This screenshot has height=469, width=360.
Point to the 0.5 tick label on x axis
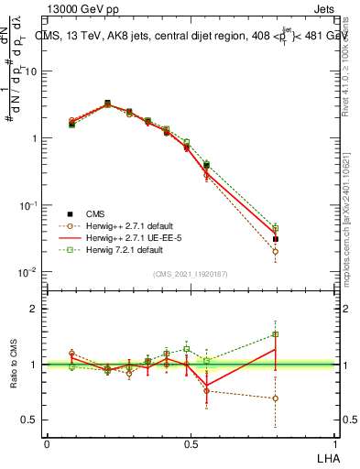[x=191, y=442]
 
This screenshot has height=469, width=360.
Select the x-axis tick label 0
[x=47, y=442]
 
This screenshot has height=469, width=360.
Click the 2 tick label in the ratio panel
[x=35, y=310]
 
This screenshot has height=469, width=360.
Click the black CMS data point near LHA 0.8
[x=276, y=239]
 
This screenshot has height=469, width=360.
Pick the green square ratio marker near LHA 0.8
[x=276, y=333]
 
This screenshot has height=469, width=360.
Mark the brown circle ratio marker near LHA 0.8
[x=276, y=398]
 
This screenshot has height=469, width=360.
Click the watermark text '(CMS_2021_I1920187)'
[x=191, y=273]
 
